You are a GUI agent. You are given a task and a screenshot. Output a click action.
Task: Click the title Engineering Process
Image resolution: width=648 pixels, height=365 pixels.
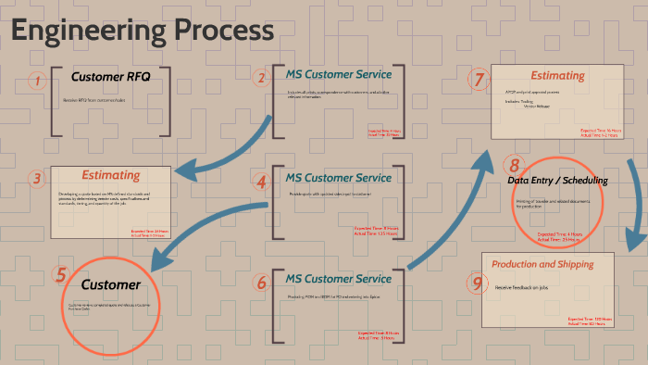point(143,30)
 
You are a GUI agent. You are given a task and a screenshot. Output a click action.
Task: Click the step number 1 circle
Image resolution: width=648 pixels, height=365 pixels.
point(37,82)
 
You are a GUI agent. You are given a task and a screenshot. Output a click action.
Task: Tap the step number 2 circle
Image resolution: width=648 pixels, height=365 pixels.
point(261,79)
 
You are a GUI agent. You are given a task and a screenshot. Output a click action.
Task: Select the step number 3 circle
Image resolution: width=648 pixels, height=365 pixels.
point(36,179)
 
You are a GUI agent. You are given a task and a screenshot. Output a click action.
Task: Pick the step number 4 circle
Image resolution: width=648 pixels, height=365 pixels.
point(261,182)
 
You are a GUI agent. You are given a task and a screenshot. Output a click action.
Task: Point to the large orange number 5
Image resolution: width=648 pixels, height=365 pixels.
point(61,274)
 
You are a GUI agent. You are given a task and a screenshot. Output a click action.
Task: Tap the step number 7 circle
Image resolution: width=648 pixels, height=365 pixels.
point(479,80)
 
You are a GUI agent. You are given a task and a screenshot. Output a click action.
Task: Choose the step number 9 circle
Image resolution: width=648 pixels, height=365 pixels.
point(478,283)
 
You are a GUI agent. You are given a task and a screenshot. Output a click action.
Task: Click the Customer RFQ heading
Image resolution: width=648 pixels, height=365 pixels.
point(110,77)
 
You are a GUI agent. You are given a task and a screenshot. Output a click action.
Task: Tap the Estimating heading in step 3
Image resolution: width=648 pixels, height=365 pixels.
point(111,174)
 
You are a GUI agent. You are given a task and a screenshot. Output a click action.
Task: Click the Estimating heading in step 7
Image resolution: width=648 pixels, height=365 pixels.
point(556,75)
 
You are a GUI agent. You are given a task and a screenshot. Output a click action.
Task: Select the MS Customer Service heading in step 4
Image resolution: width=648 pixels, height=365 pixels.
point(338,177)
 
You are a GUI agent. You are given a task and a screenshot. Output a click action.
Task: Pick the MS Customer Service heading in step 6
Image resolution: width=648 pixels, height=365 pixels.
point(338,278)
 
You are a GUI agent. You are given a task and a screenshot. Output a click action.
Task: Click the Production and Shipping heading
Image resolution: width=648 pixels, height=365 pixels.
point(542,264)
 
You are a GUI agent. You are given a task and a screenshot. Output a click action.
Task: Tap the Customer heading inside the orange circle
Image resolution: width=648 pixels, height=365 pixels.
point(110,284)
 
